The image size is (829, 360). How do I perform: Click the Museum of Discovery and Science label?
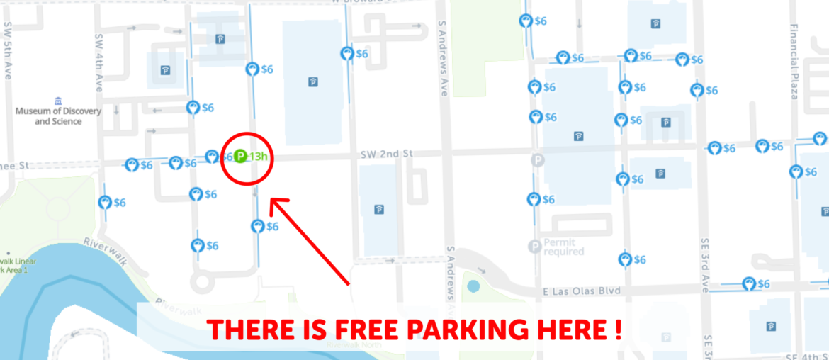click(58, 116)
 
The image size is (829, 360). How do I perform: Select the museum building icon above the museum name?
click(58, 101)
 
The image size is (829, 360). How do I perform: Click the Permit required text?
click(564, 247)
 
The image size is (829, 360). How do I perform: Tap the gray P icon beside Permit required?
click(534, 247)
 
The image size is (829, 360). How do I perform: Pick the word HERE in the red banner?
click(568, 329)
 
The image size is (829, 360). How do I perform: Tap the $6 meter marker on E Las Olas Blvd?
click(748, 283)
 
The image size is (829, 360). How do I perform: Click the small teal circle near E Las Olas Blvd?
click(473, 287)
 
